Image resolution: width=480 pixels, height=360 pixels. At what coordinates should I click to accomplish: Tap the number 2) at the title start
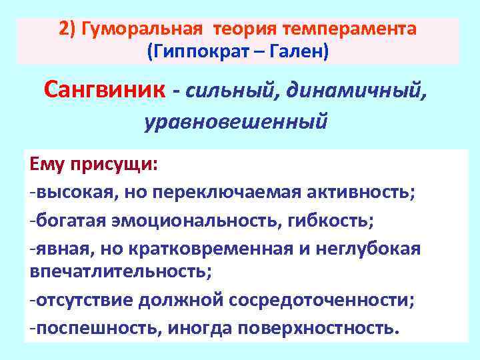click(67, 29)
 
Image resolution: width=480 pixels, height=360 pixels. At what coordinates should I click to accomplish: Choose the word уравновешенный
click(236, 122)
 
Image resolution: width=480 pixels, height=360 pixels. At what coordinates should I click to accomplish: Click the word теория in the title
click(245, 29)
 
